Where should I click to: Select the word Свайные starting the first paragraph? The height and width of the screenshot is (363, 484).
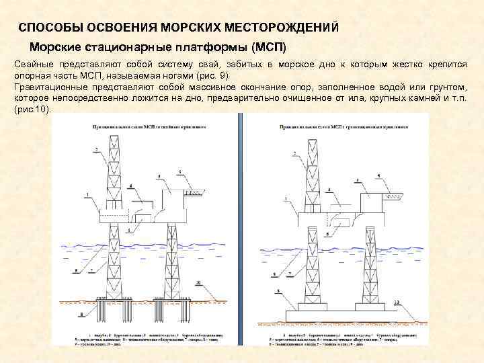click(33, 63)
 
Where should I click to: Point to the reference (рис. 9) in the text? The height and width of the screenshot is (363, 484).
click(212, 75)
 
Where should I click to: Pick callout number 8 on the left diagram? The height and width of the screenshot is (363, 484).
click(81, 314)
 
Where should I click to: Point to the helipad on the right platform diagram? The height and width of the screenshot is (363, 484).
click(395, 196)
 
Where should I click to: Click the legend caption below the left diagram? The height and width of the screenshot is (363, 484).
click(145, 336)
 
